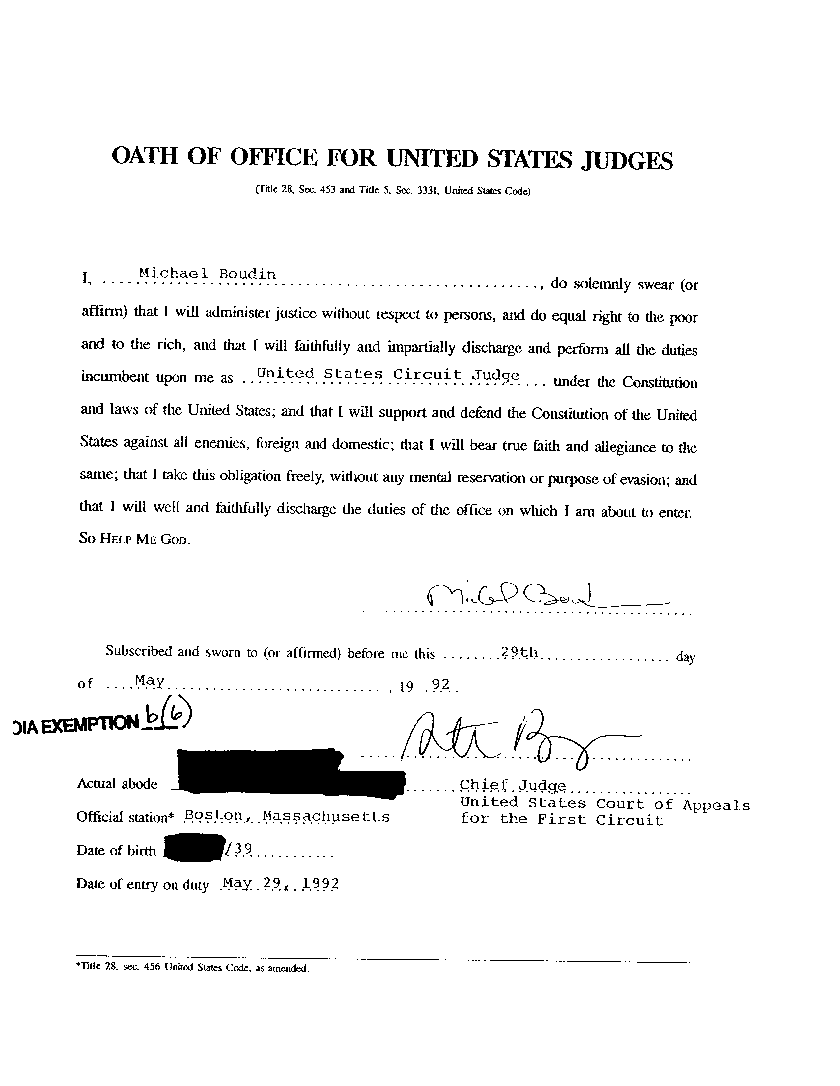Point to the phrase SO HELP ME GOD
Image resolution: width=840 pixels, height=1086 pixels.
click(135, 539)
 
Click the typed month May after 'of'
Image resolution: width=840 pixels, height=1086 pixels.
click(150, 680)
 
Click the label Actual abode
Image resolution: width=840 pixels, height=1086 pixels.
click(117, 784)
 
